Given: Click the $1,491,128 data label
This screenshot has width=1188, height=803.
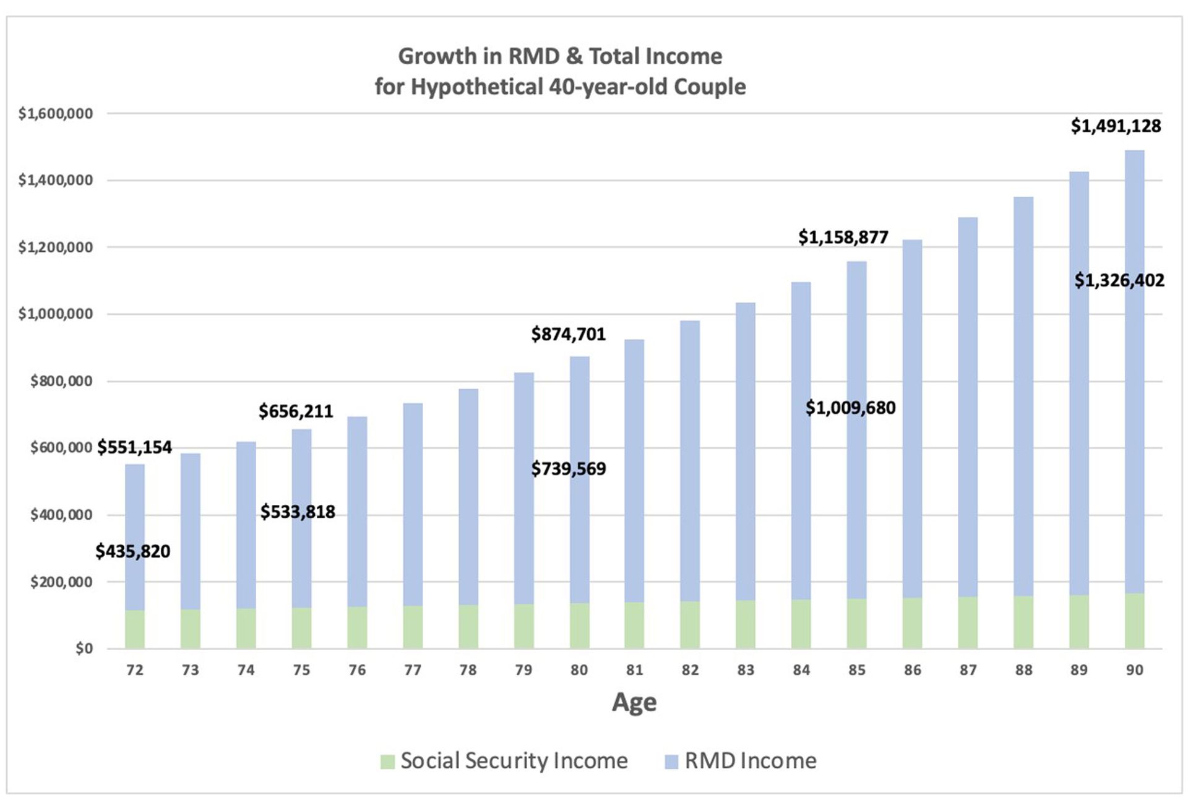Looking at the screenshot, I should pos(1116,126).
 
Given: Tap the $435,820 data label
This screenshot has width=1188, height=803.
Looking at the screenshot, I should pos(132,551).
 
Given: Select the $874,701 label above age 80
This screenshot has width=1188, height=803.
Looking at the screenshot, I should pos(568,335).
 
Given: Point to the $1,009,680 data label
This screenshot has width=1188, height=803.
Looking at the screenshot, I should pos(850,408).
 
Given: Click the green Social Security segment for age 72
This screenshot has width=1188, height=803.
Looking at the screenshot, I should pos(135,630).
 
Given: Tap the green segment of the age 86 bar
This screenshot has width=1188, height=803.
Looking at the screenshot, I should pos(912,623).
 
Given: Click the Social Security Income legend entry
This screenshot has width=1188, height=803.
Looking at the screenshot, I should pos(504,761).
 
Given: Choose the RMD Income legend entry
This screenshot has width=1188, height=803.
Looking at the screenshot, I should pos(741,761).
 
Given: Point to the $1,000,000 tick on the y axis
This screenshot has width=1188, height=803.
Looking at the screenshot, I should pos(56,314).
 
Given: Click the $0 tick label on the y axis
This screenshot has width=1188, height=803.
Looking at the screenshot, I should pos(84,649).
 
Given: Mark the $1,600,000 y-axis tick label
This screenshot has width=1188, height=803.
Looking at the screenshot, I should pos(56,114).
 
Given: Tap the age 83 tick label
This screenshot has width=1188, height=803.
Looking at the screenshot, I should pos(746,670).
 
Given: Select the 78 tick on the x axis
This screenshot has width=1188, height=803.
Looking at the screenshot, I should pos(468,670).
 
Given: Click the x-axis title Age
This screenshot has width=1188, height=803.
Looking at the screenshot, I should pos(634,702).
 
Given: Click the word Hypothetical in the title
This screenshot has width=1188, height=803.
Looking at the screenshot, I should pos(477,87).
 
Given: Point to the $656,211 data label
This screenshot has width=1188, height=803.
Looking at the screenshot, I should pos(296,411).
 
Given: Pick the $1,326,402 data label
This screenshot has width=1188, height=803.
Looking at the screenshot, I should pos(1119,281).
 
